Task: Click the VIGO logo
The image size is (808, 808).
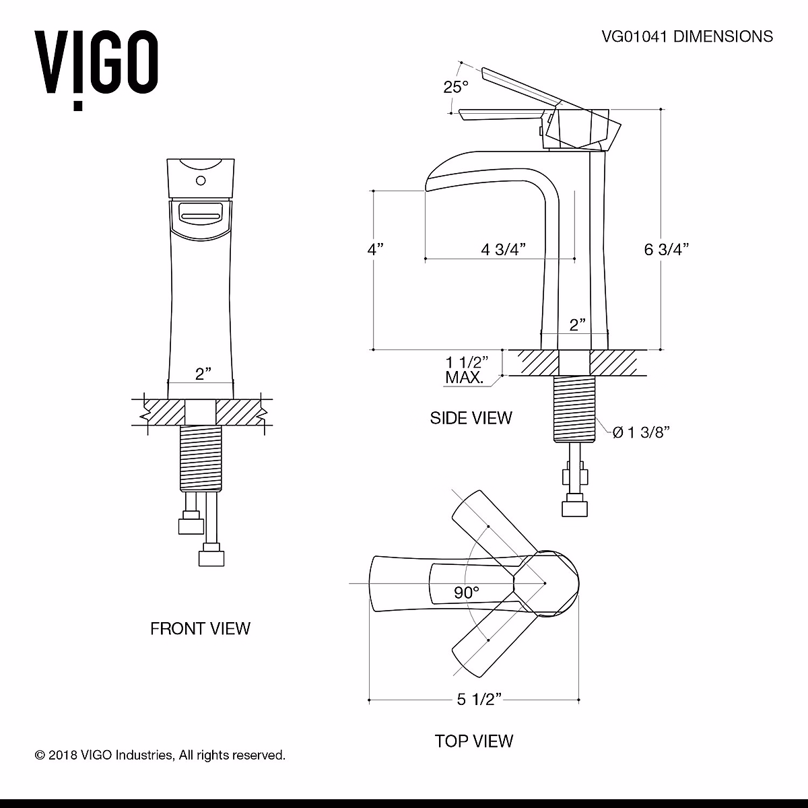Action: [x=97, y=65]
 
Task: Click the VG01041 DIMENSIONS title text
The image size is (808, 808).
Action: [x=686, y=36]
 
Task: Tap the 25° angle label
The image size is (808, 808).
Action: [x=455, y=87]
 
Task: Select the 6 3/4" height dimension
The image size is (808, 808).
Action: [x=667, y=250]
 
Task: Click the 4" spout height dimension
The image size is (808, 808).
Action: [x=375, y=249]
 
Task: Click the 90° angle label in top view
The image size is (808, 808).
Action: [x=466, y=593]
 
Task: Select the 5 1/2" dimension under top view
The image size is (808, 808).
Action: [x=480, y=700]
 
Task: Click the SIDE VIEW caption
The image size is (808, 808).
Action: [x=471, y=418]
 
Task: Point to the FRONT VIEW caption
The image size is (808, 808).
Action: [x=200, y=629]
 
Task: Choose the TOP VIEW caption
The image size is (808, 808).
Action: [x=474, y=741]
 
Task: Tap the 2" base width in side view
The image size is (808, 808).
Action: [x=577, y=325]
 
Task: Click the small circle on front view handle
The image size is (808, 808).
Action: [x=200, y=180]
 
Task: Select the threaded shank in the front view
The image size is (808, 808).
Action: [x=200, y=458]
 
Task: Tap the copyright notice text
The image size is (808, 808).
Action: [x=160, y=755]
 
